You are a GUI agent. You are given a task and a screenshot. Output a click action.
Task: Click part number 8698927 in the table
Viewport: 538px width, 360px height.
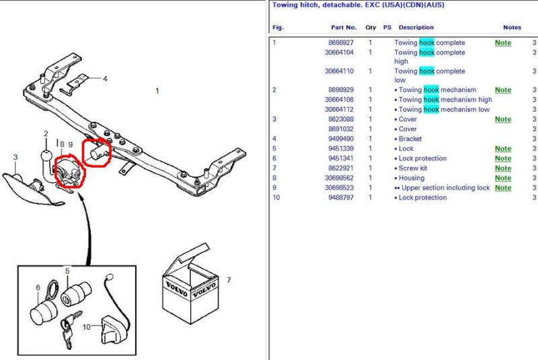(x=341, y=42)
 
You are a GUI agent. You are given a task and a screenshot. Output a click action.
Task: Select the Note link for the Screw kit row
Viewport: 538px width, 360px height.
(x=503, y=168)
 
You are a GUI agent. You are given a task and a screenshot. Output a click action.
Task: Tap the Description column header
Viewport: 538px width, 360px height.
(x=416, y=28)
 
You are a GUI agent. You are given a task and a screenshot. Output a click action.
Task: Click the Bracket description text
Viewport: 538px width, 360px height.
(x=410, y=139)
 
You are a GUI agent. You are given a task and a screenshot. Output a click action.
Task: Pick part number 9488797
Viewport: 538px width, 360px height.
(x=341, y=197)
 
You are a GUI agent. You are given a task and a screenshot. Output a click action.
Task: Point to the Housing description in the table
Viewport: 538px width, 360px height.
(x=412, y=178)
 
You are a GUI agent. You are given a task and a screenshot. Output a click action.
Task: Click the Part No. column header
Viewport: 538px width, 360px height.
(x=344, y=28)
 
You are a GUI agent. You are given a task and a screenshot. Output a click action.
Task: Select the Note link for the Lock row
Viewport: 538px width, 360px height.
(x=503, y=149)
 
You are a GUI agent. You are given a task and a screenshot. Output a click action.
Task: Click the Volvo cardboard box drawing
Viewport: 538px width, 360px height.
(x=190, y=285)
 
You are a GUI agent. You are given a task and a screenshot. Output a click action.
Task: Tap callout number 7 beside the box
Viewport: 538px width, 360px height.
(x=229, y=280)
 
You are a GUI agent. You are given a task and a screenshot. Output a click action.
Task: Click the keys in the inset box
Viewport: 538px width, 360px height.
(x=70, y=328)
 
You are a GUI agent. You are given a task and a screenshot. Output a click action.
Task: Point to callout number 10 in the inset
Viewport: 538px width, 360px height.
(x=87, y=327)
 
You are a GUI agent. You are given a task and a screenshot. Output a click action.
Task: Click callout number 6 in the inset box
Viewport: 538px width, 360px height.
(x=38, y=287)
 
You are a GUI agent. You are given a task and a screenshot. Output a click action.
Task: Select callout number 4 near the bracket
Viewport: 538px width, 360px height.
(x=105, y=79)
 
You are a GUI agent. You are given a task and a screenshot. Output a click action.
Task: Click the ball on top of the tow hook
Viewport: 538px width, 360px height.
(x=46, y=156)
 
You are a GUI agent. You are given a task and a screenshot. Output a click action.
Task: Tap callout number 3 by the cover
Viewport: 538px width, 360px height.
(x=15, y=157)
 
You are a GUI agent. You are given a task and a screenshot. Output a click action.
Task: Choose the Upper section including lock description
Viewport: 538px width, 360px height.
(x=445, y=188)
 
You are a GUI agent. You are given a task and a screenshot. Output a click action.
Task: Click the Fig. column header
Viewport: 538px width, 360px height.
(x=278, y=28)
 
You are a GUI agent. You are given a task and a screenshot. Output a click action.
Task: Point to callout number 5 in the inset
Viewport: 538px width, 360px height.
(x=67, y=271)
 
